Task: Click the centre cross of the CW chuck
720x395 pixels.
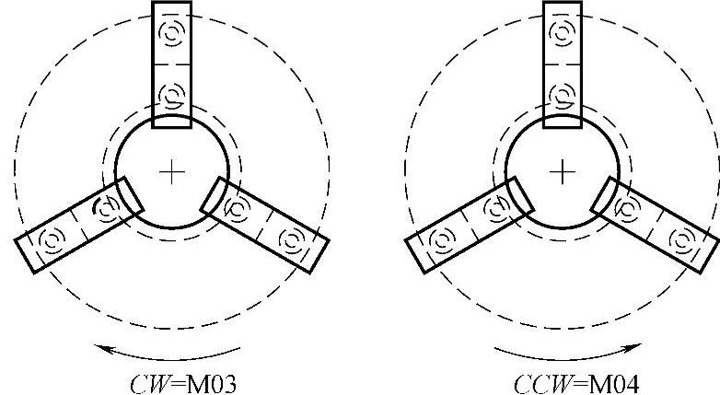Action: [172, 172]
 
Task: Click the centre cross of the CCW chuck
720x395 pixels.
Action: [562, 172]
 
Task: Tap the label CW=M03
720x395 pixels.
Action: [182, 384]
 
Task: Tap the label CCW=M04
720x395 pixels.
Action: [575, 384]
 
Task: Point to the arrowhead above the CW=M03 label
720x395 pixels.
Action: [102, 348]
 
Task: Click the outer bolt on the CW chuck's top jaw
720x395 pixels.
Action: [172, 33]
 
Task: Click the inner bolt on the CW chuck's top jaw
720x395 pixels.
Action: [172, 96]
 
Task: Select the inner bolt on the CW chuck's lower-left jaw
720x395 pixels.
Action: [107, 209]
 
